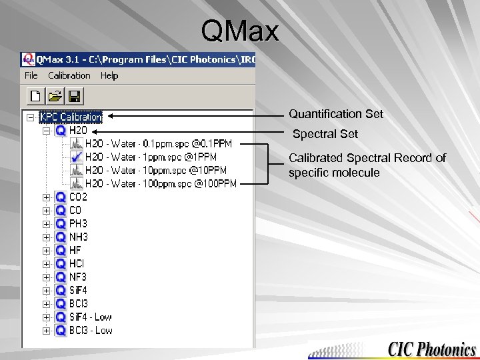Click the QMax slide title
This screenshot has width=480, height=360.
pos(239,30)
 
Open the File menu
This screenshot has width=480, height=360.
pos(31,75)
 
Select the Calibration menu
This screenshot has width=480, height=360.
pos(69,75)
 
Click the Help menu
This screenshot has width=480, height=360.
pos(109,75)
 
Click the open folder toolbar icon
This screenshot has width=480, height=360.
pos(55,95)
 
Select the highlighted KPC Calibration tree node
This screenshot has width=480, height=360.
pos(71,117)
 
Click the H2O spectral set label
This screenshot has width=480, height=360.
pos(78,131)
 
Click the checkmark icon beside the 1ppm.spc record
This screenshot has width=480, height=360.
pos(76,157)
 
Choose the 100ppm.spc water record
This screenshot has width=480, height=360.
pos(161,184)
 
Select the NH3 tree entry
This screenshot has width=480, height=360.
pos(78,237)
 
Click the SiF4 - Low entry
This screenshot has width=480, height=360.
pos(91,317)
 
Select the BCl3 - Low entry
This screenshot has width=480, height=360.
pos(91,331)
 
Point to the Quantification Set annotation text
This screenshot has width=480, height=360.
pos(336,114)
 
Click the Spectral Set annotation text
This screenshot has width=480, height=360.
pos(325,134)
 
